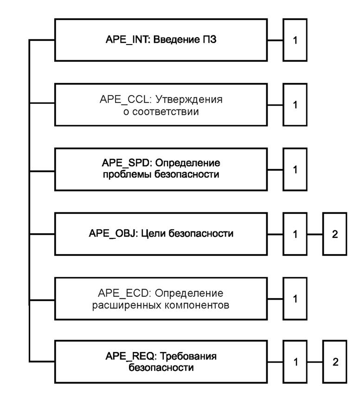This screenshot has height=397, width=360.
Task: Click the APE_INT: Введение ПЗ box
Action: click(161, 40)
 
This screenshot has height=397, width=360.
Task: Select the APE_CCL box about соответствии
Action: click(161, 105)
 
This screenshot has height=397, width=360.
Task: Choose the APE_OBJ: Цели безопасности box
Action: click(161, 233)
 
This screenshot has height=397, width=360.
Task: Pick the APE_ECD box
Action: click(161, 298)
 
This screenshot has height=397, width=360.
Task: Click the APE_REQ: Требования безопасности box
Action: click(161, 362)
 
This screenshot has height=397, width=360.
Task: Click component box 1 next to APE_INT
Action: click(295, 40)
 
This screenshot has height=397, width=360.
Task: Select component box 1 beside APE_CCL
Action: click(295, 105)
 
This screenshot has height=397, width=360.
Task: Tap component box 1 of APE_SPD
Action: click(295, 169)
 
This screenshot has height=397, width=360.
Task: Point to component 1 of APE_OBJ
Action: click(295, 234)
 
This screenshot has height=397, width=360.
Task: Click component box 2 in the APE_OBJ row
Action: click(335, 234)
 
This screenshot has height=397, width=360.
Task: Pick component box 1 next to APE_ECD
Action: click(295, 298)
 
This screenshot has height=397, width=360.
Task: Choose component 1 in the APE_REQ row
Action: click(295, 362)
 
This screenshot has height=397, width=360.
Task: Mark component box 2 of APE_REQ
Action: click(335, 362)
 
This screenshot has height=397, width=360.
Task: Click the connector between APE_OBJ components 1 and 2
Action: click(315, 234)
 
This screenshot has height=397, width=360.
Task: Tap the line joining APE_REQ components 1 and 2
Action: click(315, 362)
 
